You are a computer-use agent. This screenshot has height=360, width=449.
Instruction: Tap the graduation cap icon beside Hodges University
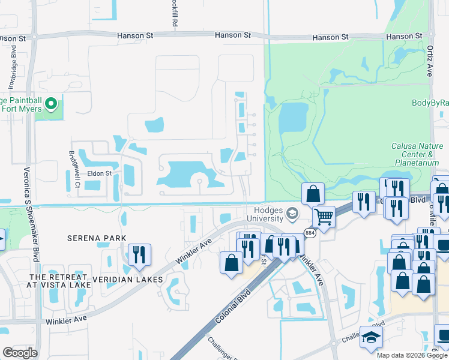tap(292, 214)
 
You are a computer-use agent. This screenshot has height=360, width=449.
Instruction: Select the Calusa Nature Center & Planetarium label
tap(415, 154)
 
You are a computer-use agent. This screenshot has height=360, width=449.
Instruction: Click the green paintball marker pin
tap(52, 104)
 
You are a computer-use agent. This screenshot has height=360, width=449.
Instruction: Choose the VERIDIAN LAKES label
tap(127, 280)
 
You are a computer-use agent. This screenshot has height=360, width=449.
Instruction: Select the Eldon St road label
tap(100, 173)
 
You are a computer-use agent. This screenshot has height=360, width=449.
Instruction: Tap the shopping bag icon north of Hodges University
tap(313, 193)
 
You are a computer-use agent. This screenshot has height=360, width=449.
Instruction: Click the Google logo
tap(20, 353)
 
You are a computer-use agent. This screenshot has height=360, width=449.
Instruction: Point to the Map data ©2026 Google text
tap(411, 355)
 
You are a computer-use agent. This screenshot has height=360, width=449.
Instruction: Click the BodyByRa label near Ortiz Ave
tap(430, 103)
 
